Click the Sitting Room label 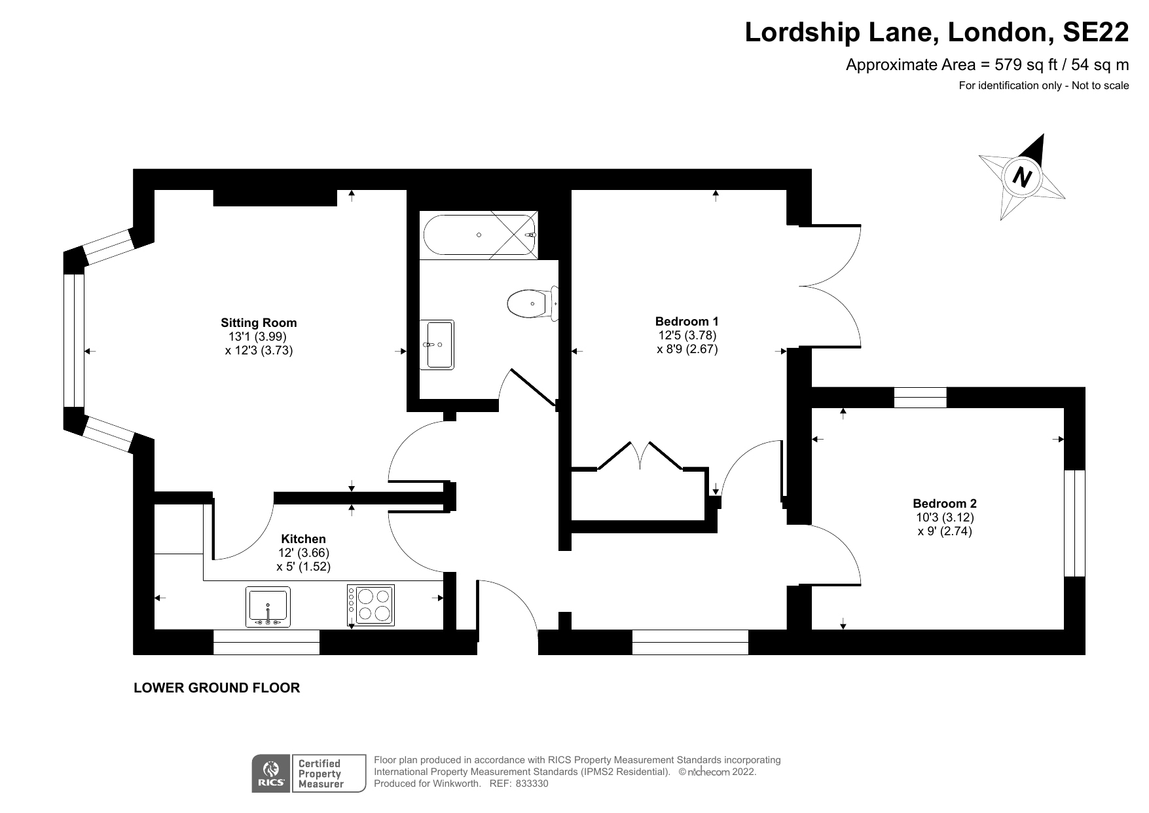click(x=259, y=322)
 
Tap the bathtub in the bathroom click(x=480, y=235)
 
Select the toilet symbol click(x=531, y=304)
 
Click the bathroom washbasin click(x=437, y=345)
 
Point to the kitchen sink click(x=268, y=607)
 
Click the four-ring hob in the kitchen click(x=371, y=605)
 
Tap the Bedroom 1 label click(x=687, y=321)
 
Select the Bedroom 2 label click(x=944, y=503)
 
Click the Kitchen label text click(x=303, y=539)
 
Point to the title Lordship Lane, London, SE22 click(x=937, y=32)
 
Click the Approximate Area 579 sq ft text click(x=987, y=65)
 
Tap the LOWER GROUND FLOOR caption click(x=217, y=688)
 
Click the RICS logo click(x=271, y=774)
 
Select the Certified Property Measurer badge click(x=328, y=774)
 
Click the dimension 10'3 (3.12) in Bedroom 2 click(x=944, y=517)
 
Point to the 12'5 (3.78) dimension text click(x=687, y=335)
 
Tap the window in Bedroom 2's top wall click(x=920, y=398)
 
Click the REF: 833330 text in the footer click(x=519, y=784)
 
